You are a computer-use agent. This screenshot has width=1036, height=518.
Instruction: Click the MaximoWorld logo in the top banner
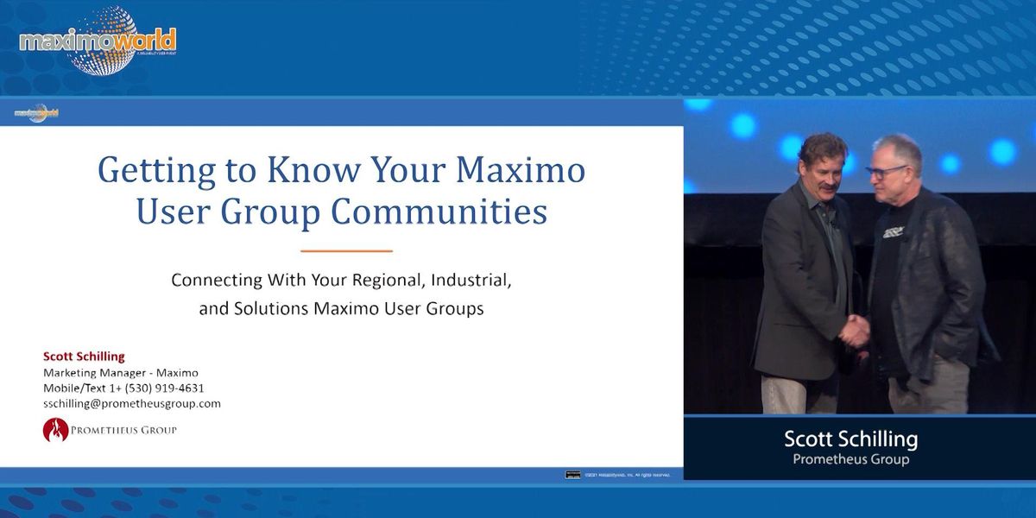tap(97, 40)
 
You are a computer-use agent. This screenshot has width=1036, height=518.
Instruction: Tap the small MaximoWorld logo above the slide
tap(36, 113)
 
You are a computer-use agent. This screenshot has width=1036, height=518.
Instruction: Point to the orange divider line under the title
tap(346, 251)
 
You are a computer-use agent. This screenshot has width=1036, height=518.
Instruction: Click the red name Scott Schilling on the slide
tap(84, 357)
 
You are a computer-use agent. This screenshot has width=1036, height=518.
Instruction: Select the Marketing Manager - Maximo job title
tap(121, 373)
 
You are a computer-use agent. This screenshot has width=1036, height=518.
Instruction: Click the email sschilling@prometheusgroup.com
tap(132, 403)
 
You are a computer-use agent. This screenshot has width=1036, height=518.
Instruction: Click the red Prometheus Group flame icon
tap(55, 430)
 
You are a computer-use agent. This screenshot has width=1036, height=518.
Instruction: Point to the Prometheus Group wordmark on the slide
tap(124, 430)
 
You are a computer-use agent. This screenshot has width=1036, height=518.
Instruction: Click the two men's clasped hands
tap(855, 330)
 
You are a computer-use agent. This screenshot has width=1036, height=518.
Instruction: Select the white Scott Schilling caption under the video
tap(850, 439)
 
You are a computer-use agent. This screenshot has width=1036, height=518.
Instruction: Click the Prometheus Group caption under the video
tap(850, 459)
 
